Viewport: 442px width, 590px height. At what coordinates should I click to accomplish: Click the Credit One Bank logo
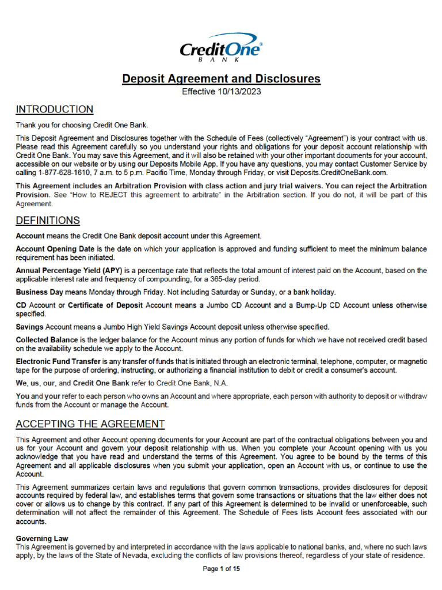(x=221, y=48)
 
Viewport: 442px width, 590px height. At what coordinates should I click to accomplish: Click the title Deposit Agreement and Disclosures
(x=221, y=79)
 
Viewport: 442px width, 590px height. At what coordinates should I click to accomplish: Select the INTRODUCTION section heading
(x=54, y=109)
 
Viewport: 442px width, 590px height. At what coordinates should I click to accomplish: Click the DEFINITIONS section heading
(x=48, y=220)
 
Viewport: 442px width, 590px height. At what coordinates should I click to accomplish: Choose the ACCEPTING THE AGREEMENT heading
(x=90, y=424)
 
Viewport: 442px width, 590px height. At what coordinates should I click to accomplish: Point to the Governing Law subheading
(x=42, y=539)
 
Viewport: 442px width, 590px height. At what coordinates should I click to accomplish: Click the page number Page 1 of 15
(x=221, y=569)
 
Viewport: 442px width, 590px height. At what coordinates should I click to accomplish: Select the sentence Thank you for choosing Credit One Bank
(x=82, y=125)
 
